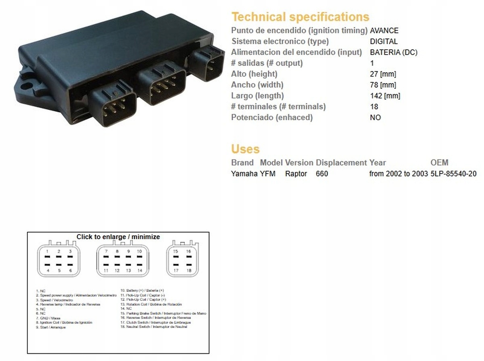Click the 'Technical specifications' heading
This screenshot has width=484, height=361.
300,17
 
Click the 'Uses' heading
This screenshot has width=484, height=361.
245,149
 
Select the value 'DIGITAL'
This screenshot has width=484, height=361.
384,41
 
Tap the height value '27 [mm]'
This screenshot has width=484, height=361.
383,74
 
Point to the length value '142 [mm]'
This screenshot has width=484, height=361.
385,96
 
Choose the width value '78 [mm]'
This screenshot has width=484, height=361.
383,85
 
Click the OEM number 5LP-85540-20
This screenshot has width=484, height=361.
453,174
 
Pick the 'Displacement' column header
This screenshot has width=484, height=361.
341,163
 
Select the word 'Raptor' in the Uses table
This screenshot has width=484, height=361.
296,174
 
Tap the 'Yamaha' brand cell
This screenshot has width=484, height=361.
244,174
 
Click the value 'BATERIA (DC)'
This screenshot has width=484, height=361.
394,52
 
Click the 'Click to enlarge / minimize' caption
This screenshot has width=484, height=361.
118,237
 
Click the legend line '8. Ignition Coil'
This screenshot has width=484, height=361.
64,323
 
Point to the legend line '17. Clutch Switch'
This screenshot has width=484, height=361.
156,322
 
